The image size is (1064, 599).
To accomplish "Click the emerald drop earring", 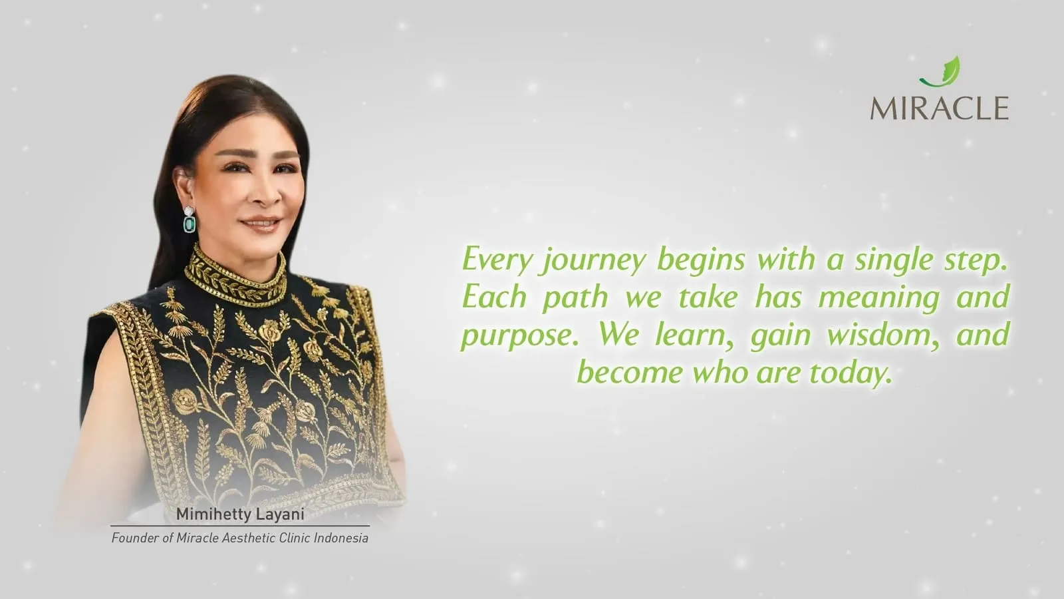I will click(x=190, y=221).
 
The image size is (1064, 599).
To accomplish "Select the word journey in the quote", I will click(x=594, y=260).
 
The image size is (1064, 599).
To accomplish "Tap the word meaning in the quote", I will click(x=878, y=298).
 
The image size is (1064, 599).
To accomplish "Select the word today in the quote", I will click(x=850, y=372).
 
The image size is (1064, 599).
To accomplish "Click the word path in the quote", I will click(x=575, y=297).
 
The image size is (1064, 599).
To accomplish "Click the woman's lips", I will click(x=261, y=224).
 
